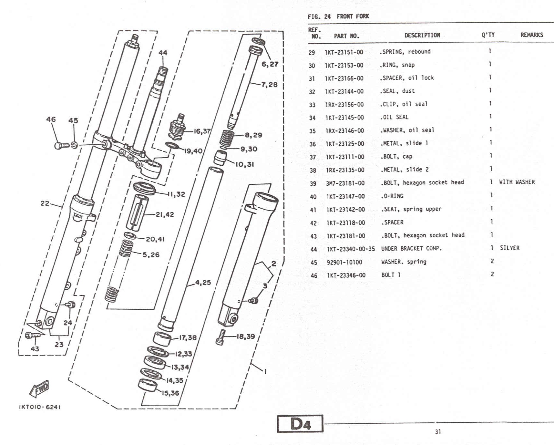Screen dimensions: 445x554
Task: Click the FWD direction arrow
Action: (x=39, y=388)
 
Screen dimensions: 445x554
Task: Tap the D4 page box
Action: (x=300, y=424)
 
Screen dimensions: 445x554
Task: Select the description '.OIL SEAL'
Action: (x=394, y=117)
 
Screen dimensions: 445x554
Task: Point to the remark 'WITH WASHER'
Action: (x=517, y=182)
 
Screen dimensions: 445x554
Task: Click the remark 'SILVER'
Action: (x=510, y=248)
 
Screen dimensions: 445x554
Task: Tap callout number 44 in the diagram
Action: (x=163, y=53)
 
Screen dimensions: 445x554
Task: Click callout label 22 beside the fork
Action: (x=45, y=203)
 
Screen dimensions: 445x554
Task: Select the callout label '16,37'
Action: (x=202, y=131)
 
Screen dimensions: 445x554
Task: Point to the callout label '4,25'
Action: (x=203, y=283)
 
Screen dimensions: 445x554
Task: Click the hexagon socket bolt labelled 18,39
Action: (x=221, y=337)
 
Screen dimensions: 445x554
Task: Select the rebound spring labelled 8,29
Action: (x=227, y=138)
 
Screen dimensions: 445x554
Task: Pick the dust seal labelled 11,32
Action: (x=144, y=188)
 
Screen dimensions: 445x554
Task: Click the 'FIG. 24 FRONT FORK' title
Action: (x=338, y=16)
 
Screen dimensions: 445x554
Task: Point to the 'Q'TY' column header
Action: (x=488, y=35)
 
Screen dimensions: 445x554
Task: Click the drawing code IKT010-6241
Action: (x=40, y=407)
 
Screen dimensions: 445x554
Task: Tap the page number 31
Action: (x=438, y=432)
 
